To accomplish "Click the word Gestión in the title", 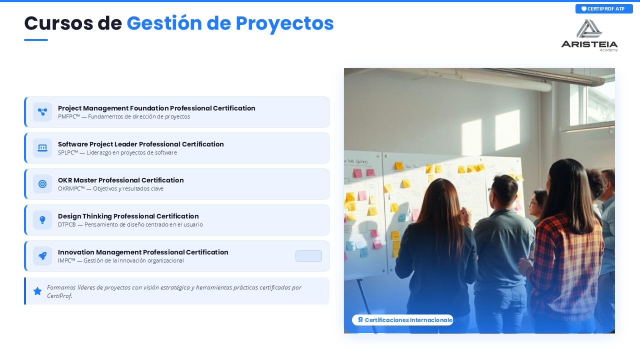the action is pos(164,23).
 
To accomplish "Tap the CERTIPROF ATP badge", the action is pos(604,9).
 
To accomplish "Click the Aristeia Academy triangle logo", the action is pos(589,29).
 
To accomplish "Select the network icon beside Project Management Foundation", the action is pos(42,111).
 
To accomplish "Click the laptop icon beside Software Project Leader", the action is pos(42,147).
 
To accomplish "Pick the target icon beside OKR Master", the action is pos(42,183).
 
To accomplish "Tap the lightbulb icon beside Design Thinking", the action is pos(42,219).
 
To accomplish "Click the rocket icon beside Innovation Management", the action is pos(42,255).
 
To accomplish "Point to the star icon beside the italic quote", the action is pos(37,291).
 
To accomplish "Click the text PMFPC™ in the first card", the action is pos(69,116).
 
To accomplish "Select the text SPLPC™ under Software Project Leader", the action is pos(68,152).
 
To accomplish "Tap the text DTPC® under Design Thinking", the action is pos(67,224).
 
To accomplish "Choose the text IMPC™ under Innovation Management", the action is pos(66,260).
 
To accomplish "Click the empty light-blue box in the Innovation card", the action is pos(308,256).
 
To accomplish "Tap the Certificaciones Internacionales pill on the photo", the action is pos(402,320).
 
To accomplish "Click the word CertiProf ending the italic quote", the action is pos(59,296).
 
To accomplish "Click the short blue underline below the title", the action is pos(36,40).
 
